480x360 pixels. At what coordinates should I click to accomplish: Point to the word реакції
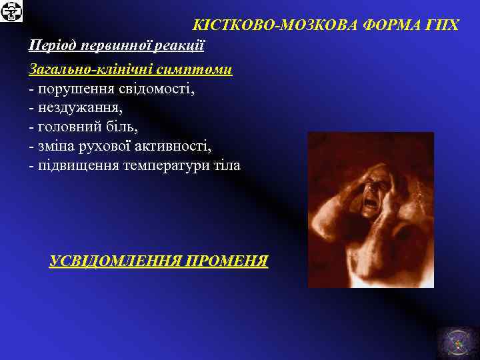pyautogui.click(x=179, y=45)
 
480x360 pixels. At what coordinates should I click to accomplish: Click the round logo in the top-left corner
pyautogui.click(x=12, y=12)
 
